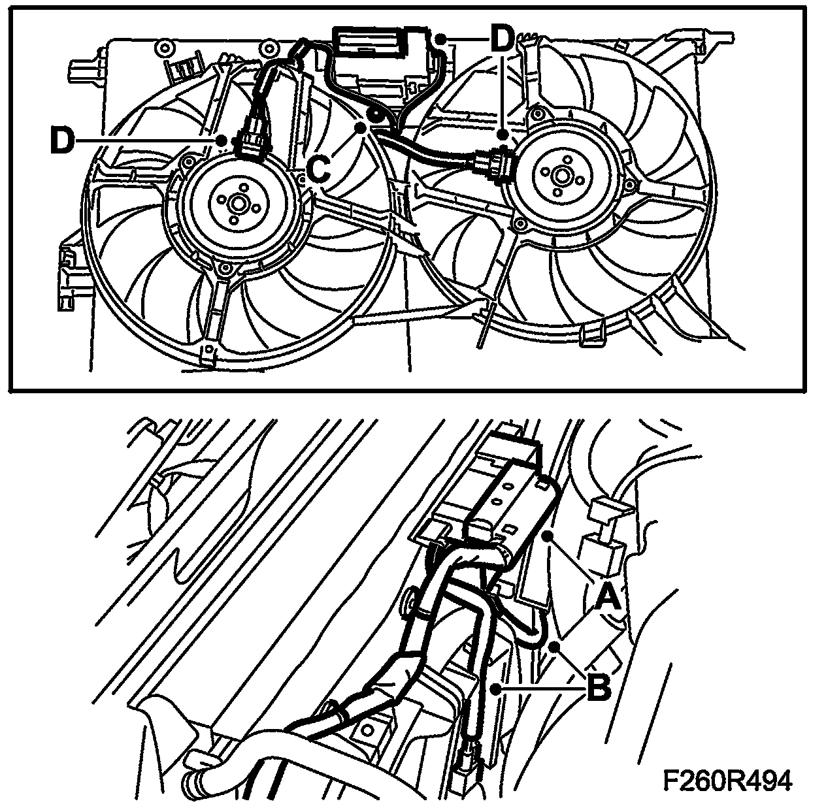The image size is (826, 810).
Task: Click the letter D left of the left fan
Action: click(x=61, y=141)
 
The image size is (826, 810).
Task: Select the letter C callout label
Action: click(x=318, y=169)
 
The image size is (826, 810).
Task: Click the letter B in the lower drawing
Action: click(x=599, y=687)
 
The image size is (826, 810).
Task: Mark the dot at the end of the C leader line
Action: click(x=361, y=128)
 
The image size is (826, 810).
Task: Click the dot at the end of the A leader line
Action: click(x=552, y=534)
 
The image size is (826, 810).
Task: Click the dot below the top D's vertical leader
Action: click(x=502, y=135)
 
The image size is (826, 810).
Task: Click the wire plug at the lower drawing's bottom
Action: click(x=468, y=762)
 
